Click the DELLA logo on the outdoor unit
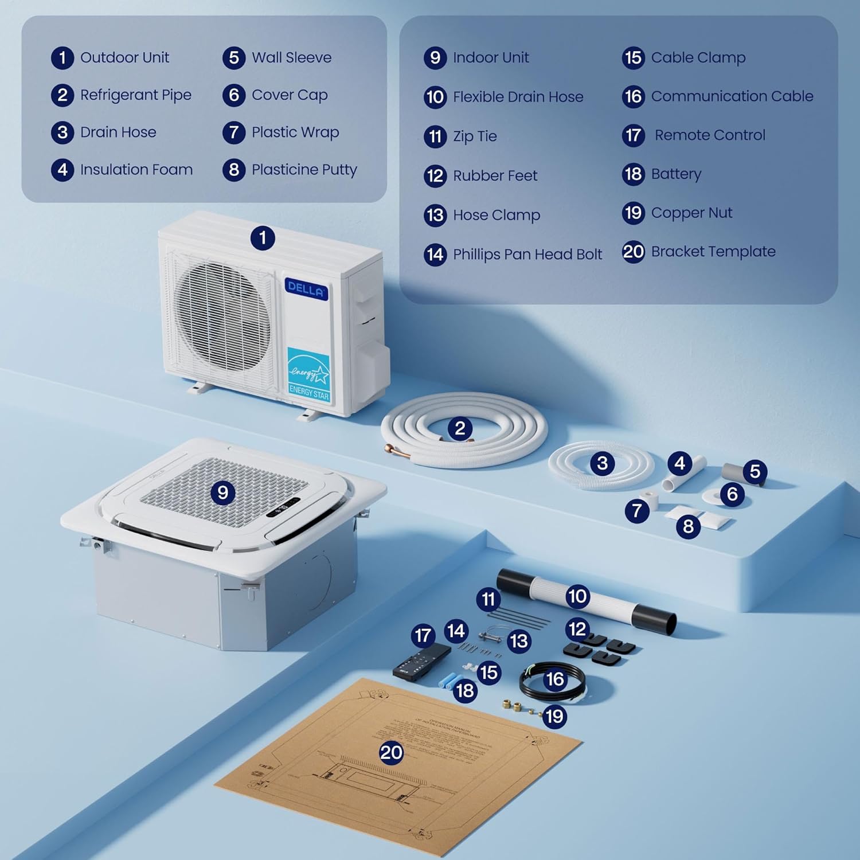[306, 288]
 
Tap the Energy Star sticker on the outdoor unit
[308, 374]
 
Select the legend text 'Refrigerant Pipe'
[136, 95]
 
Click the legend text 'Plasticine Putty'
[304, 170]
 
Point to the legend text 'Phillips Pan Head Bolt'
[527, 254]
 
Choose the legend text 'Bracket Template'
[713, 252]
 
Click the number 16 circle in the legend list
[633, 96]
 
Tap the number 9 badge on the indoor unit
[223, 492]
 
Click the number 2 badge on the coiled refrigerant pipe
[459, 428]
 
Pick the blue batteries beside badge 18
[449, 681]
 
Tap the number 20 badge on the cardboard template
[391, 752]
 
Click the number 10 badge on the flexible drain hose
[577, 596]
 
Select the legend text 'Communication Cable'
[732, 96]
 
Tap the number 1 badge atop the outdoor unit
[263, 237]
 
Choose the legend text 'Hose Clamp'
[496, 215]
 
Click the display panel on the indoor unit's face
[283, 507]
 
